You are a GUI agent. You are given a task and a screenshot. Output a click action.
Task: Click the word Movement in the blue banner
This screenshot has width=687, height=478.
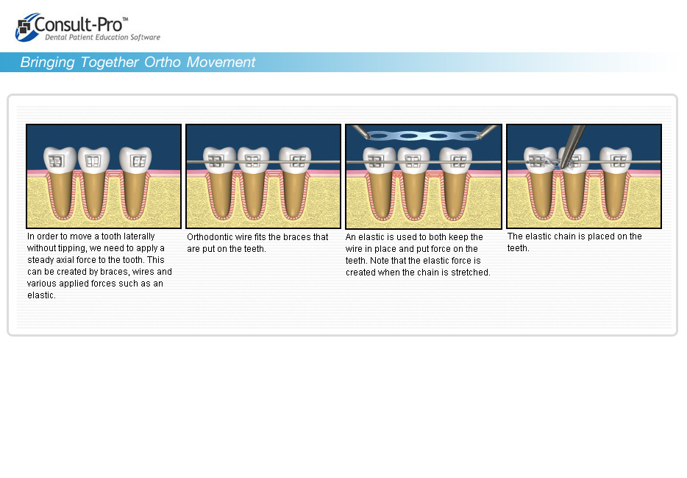click(221, 63)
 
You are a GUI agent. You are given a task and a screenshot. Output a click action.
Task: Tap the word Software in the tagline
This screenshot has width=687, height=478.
click(145, 38)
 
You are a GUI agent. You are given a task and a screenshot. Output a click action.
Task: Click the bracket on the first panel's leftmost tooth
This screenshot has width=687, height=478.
click(56, 161)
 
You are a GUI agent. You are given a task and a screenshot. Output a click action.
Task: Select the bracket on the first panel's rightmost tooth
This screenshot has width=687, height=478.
click(139, 161)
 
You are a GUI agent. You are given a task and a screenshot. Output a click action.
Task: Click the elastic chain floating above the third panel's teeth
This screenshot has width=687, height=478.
click(422, 136)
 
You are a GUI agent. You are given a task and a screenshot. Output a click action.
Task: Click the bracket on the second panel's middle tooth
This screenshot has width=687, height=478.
click(253, 161)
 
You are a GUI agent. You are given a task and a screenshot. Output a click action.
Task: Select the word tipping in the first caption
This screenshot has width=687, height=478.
click(72, 248)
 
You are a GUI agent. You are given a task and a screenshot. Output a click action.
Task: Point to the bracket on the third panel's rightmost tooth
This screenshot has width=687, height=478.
click(459, 161)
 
